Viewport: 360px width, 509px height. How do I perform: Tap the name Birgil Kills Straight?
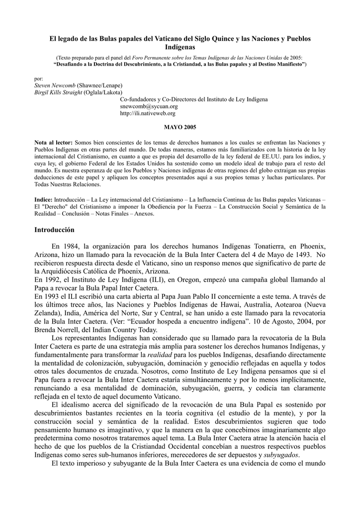click(58, 92)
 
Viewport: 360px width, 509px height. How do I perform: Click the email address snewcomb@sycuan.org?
click(149, 106)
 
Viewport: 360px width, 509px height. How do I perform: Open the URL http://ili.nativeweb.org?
click(148, 113)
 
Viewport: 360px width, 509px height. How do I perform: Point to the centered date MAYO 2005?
click(180, 128)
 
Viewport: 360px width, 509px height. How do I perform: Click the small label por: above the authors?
click(38, 79)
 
